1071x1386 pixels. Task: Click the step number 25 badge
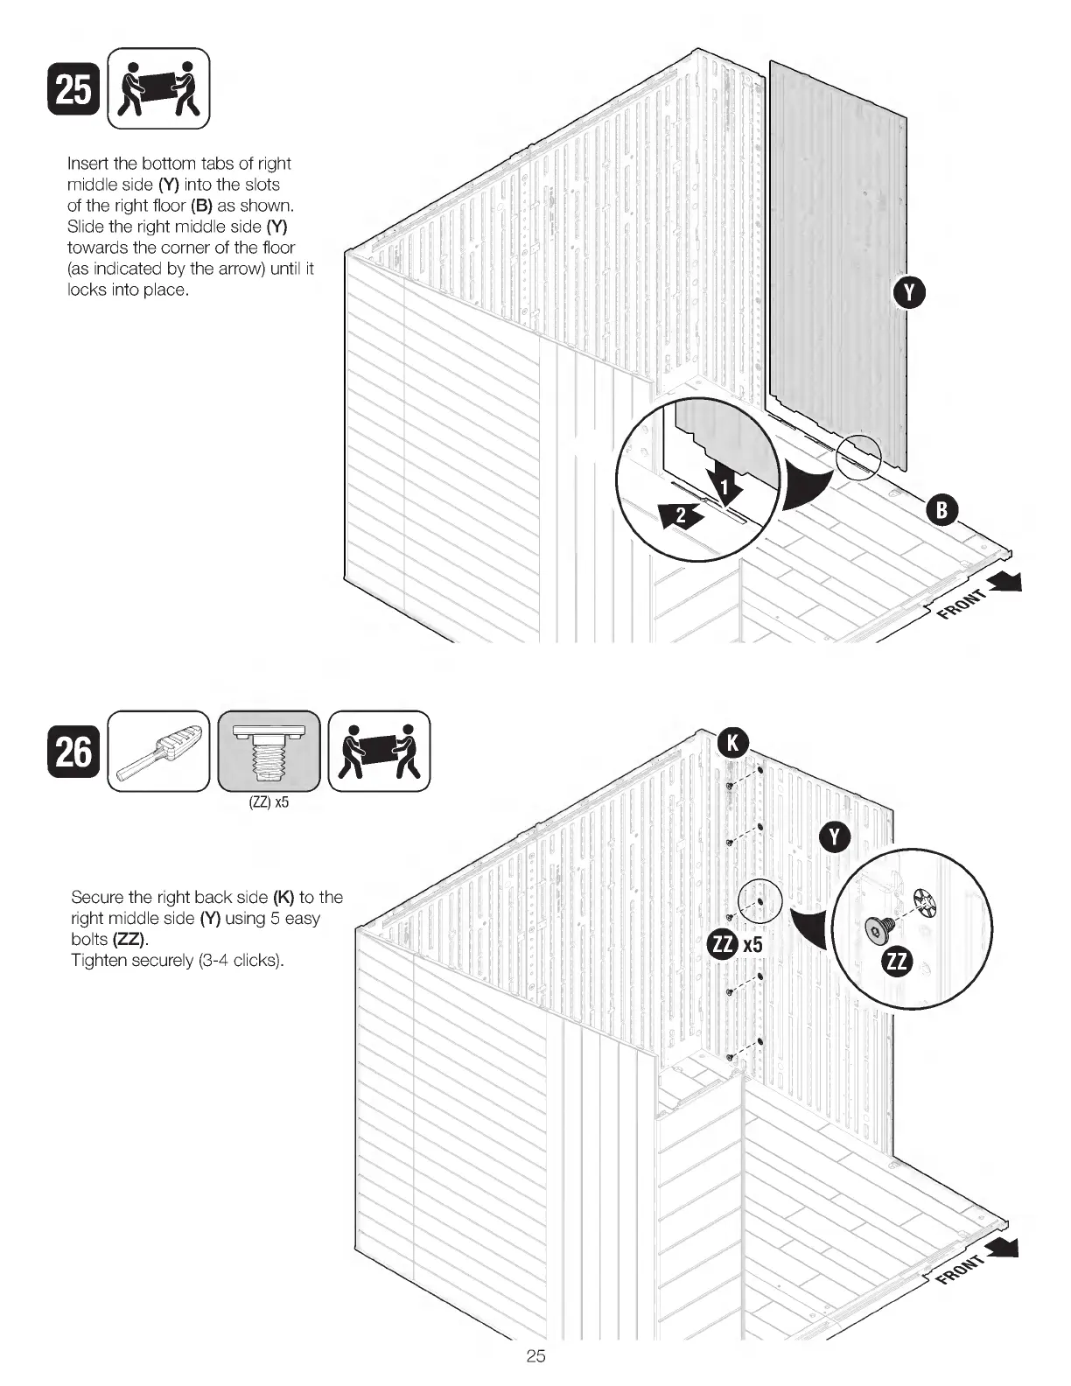coord(73,89)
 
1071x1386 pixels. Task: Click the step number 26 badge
coord(73,752)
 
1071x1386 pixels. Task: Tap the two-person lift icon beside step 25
coord(158,88)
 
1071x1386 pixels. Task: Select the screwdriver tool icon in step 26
coord(158,752)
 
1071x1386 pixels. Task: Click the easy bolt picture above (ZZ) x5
coord(269,752)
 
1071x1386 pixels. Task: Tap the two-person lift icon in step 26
coord(379,752)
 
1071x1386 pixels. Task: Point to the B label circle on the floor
coord(942,510)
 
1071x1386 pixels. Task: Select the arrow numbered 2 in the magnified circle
coord(680,514)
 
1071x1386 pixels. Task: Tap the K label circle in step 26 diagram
coord(732,743)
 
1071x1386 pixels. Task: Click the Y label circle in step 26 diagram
coord(834,837)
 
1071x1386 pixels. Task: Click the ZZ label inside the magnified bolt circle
coord(898,962)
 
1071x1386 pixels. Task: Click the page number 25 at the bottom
coord(535,1356)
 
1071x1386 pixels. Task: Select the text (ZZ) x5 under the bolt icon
coord(269,802)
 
